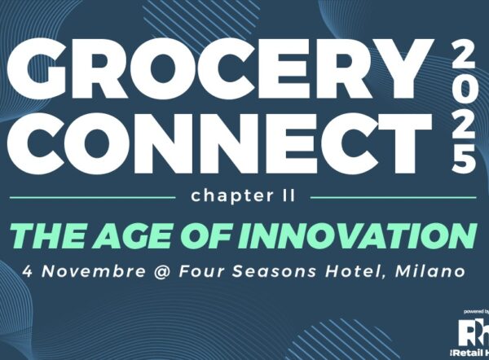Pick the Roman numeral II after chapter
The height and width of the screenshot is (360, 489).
click(287, 195)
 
